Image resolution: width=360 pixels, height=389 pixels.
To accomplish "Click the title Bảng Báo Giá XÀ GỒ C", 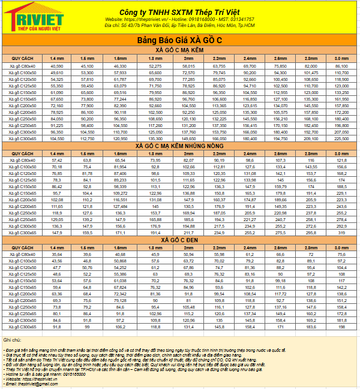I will pyautogui.click(x=179, y=40).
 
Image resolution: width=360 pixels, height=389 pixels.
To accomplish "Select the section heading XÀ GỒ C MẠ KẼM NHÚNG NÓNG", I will pyautogui.click(x=179, y=146).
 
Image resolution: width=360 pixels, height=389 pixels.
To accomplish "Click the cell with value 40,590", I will pyautogui.click(x=57, y=66).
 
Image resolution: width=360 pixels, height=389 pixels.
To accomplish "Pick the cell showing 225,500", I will pyautogui.click(x=341, y=138).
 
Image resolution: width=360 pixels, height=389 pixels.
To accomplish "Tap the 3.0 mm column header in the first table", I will pyautogui.click(x=341, y=58).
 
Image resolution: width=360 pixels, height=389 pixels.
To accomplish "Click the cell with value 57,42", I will pyautogui.click(x=57, y=161).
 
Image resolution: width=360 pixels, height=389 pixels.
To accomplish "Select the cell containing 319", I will pyautogui.click(x=341, y=233).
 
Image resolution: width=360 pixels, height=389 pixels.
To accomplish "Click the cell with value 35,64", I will pyautogui.click(x=57, y=254).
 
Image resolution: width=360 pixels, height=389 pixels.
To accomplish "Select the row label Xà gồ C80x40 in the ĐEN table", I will pyautogui.click(x=22, y=254).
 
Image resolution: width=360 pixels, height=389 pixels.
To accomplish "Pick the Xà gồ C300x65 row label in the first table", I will pyautogui.click(x=22, y=138).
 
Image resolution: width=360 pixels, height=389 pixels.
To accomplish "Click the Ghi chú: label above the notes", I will pyautogui.click(x=12, y=340).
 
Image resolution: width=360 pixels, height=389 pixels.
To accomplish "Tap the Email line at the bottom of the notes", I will pyautogui.click(x=30, y=384).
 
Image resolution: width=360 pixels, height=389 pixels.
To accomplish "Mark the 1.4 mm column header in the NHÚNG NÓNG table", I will pyautogui.click(x=57, y=153).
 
